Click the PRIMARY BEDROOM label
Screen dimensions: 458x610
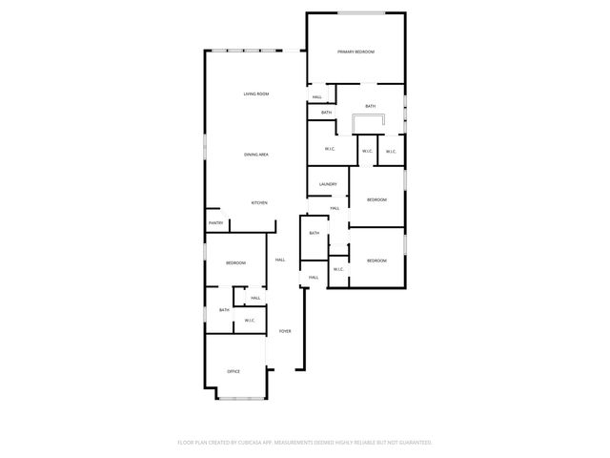click(356, 52)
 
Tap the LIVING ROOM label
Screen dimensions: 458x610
click(255, 94)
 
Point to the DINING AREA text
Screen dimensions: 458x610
click(255, 155)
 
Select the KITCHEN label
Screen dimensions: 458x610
click(259, 203)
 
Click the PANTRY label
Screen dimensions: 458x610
click(216, 223)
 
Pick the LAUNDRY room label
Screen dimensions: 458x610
click(328, 184)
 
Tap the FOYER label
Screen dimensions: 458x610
click(284, 331)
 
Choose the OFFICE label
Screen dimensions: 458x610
click(234, 371)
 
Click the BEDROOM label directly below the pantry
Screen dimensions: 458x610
click(235, 262)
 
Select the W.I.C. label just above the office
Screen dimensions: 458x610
click(249, 321)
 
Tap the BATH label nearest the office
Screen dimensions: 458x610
click(224, 310)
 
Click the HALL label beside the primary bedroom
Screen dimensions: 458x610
click(317, 96)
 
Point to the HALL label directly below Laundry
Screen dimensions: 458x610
click(335, 208)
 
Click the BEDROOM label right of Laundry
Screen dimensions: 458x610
click(377, 199)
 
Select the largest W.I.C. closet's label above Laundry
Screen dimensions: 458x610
click(329, 149)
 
